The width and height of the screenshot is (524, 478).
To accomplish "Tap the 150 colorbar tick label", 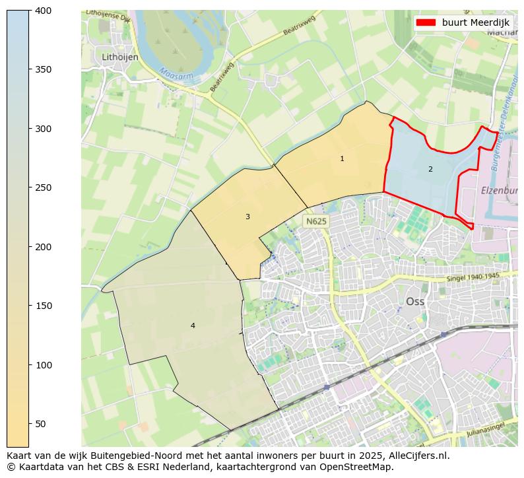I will click(x=43, y=306).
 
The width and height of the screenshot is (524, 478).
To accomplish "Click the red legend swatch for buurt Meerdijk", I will click(x=426, y=22).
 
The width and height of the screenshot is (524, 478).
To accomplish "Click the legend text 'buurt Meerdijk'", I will click(x=475, y=22).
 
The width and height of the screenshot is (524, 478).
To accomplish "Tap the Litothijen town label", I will click(x=120, y=57).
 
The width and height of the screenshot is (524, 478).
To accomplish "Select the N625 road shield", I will click(x=315, y=221).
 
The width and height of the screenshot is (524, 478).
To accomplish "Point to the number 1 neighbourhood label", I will click(x=342, y=158).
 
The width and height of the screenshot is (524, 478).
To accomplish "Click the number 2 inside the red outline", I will click(x=430, y=169).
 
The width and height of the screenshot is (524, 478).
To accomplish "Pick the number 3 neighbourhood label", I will click(x=247, y=217).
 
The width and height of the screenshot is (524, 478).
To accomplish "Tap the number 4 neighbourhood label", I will click(x=193, y=325).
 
